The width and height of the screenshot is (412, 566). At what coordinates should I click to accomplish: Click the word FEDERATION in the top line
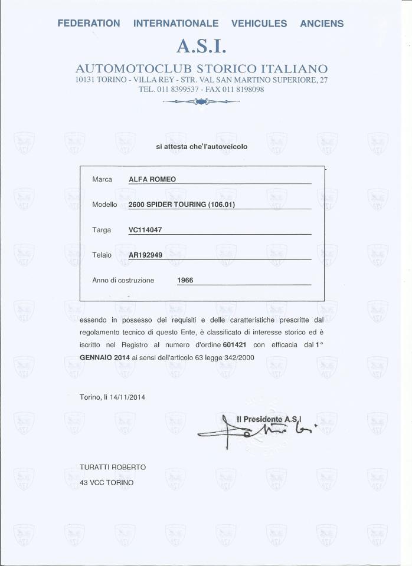[89, 24]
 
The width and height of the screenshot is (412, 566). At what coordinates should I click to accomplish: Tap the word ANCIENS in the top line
[322, 24]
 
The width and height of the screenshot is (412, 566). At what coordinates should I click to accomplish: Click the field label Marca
[102, 179]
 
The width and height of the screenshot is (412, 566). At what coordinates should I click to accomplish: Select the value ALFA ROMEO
[152, 179]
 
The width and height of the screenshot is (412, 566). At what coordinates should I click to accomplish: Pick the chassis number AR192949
[146, 255]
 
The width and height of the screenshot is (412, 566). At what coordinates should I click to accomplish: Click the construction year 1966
[185, 281]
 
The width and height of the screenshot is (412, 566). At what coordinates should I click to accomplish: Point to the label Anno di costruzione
[123, 281]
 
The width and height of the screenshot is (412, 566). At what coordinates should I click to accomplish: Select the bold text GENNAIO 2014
[104, 357]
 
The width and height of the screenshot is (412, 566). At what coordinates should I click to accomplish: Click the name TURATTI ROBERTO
[113, 467]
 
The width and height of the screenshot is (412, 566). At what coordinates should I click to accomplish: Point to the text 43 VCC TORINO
[107, 482]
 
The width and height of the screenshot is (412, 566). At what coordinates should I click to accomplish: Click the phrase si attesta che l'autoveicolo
[201, 146]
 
